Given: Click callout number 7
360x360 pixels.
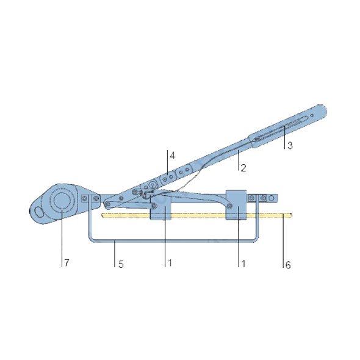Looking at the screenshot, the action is point(67,262).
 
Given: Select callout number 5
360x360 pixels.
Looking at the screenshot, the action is point(121,264).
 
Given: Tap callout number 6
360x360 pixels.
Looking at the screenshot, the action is point(288,265).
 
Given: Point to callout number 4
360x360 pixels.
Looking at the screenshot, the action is point(172,156).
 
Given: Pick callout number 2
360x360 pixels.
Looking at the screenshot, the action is point(243,168).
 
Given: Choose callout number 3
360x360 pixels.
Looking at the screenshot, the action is point(290,145).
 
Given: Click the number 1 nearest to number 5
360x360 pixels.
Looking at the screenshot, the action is point(170,263).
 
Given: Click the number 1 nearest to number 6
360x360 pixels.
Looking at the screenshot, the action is point(243,264).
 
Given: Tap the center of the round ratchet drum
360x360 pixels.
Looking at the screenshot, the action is point(62,200).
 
